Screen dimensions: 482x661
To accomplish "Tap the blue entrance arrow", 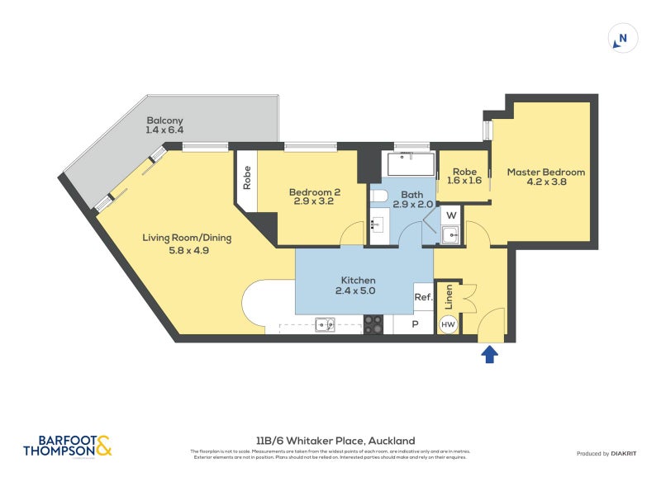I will click(x=489, y=354).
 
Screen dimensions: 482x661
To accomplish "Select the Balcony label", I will click(x=164, y=125).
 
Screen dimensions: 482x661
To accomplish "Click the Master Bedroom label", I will click(x=545, y=177).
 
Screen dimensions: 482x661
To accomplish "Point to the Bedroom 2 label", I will click(x=315, y=198).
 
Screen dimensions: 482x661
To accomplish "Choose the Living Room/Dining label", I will click(x=187, y=243).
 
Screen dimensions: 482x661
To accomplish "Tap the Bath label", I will click(x=411, y=200).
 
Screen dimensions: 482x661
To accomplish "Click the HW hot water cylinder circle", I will click(x=448, y=325).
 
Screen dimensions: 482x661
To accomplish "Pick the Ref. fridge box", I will click(x=423, y=297).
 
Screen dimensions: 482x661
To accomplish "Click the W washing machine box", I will click(x=451, y=216).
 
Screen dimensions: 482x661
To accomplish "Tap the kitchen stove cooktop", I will click(x=373, y=325).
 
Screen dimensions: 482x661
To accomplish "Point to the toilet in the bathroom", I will click(x=378, y=196).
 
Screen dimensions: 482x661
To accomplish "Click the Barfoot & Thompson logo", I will click(x=68, y=447).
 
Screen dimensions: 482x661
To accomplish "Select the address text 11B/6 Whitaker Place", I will click(x=335, y=441).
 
